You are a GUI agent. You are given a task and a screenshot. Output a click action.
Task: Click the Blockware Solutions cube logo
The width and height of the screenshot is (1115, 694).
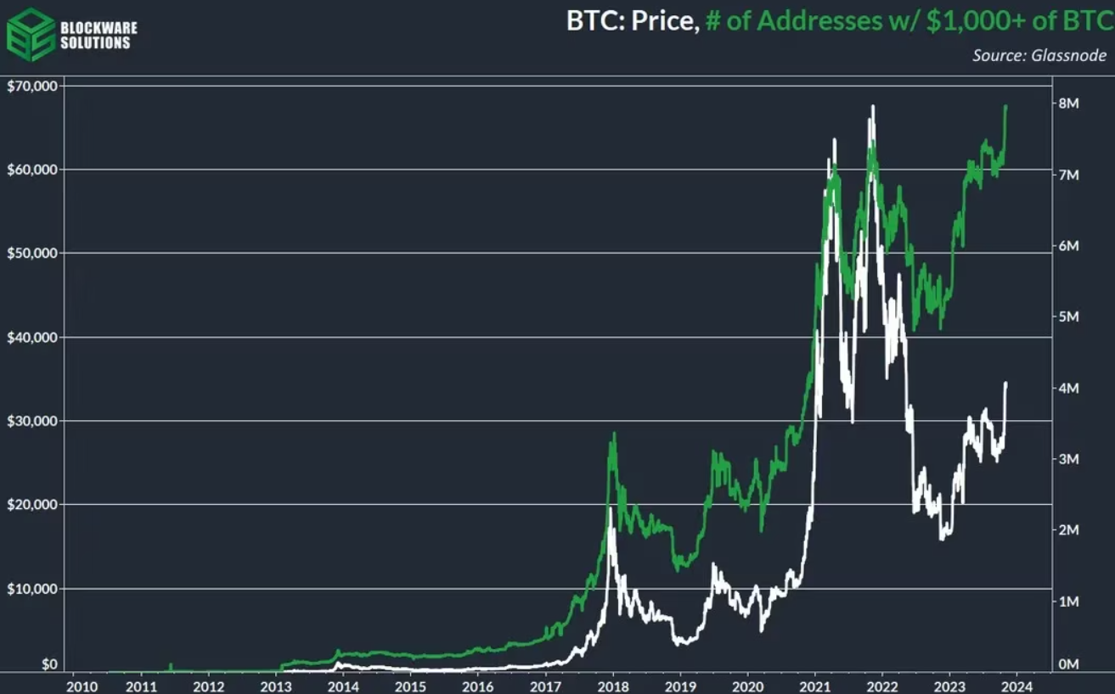coord(31,34)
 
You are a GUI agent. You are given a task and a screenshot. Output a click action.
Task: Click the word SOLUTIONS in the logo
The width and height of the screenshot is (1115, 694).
coord(96,42)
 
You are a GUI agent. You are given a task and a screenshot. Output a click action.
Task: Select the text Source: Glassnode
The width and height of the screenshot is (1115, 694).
coord(1039,56)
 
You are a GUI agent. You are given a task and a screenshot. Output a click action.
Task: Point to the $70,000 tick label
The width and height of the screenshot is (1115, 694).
coord(31,86)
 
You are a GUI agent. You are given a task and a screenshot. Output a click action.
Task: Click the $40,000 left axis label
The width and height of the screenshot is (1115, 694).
coord(31,338)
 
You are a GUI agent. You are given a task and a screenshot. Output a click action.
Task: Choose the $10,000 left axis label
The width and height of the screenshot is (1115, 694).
coord(31,589)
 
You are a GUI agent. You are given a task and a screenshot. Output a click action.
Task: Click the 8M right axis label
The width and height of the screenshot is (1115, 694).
coord(1068,104)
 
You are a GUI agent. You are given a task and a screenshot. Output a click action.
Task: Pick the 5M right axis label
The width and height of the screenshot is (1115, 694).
coord(1068,316)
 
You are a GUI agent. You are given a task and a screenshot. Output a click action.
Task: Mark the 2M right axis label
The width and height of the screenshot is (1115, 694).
coord(1068,530)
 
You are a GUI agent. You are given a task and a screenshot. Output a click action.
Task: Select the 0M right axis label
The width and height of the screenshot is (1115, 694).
coord(1068,665)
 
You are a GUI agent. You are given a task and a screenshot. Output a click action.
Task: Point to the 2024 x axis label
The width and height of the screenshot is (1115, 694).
coord(1016,684)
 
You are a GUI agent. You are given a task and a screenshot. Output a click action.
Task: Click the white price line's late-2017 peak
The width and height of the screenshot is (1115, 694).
coord(611,508)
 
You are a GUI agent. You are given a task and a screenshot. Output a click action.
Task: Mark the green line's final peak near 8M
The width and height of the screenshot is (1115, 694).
coord(1006,106)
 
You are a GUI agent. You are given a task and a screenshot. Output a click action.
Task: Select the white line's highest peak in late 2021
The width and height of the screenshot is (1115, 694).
coord(873,106)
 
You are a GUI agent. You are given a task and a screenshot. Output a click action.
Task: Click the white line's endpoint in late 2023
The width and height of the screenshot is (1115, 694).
coord(1006,383)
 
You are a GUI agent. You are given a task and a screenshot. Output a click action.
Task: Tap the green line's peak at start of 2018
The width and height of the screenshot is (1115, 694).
coord(614,434)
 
